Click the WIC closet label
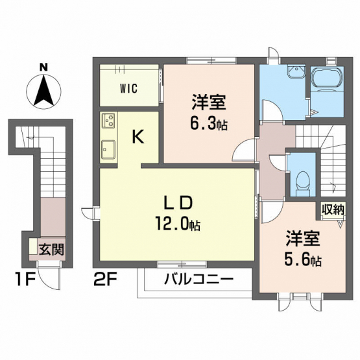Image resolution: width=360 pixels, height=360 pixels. pyautogui.click(x=129, y=88)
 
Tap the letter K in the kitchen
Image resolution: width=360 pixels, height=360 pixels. pyautogui.click(x=138, y=136)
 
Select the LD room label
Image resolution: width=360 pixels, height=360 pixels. pyautogui.click(x=178, y=202)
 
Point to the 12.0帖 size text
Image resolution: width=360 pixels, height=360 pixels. pyautogui.click(x=178, y=223)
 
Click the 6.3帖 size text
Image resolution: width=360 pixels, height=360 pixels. pyautogui.click(x=208, y=124)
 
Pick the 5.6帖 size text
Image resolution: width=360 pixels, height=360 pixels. pyautogui.click(x=303, y=259)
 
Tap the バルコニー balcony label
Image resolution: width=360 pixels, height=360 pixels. pyautogui.click(x=199, y=280)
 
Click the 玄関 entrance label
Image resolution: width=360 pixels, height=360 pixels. pyautogui.click(x=51, y=249)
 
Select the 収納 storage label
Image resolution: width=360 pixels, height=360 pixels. pyautogui.click(x=333, y=210)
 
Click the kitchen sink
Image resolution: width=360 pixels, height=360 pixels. pyautogui.click(x=108, y=149)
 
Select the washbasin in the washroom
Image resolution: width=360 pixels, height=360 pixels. pyautogui.click(x=296, y=71)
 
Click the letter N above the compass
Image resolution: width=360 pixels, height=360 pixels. pyautogui.click(x=43, y=67)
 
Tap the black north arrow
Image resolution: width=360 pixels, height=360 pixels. pyautogui.click(x=43, y=91)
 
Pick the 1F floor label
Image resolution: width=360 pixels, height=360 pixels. pyautogui.click(x=25, y=279)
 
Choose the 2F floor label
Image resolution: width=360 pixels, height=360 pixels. pyautogui.click(x=106, y=279)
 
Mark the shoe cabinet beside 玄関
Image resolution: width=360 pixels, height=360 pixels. pyautogui.click(x=33, y=246)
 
